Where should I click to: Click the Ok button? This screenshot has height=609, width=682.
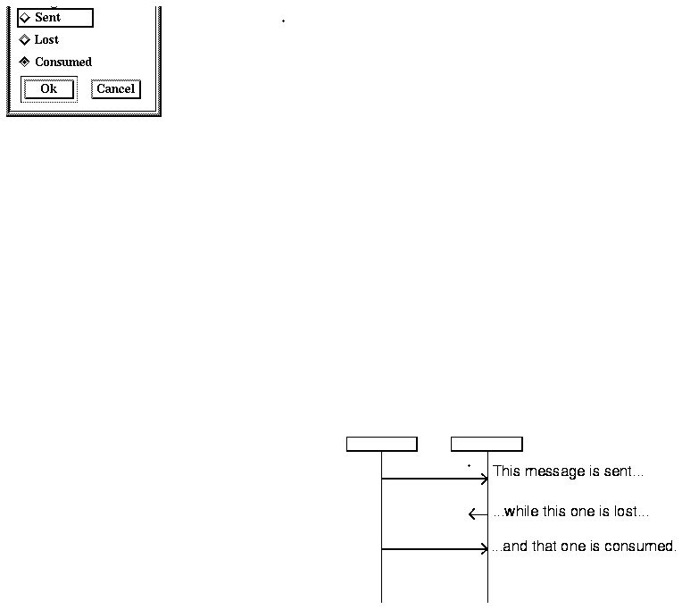[48, 88]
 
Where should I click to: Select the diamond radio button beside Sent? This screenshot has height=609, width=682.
[25, 18]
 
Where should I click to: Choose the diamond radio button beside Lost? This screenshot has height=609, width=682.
[25, 40]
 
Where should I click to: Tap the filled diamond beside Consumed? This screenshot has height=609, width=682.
[25, 63]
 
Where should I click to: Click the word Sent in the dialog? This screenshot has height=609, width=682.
[47, 18]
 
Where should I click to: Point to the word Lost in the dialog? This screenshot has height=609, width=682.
[46, 40]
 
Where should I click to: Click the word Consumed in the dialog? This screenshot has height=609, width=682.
[63, 63]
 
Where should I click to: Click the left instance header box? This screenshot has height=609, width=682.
[381, 445]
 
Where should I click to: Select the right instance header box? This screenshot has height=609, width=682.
[487, 445]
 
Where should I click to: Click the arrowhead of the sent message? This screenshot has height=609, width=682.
[485, 479]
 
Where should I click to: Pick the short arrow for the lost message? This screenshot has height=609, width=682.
[478, 514]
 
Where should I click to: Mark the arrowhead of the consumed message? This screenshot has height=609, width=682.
[485, 549]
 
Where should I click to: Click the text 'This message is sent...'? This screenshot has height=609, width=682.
[568, 471]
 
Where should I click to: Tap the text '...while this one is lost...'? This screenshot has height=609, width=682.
[570, 513]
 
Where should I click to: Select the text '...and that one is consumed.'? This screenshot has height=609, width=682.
[584, 546]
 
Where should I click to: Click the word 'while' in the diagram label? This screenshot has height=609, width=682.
[521, 513]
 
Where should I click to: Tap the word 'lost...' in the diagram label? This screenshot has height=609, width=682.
[631, 513]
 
